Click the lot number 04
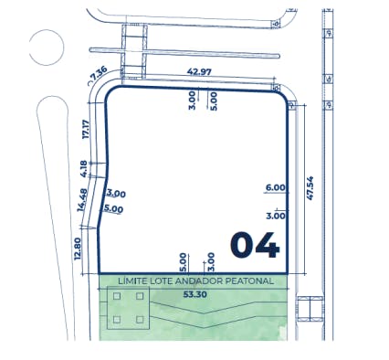click(x=255, y=245)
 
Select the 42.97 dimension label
click(x=199, y=72)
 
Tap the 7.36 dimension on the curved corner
click(x=99, y=73)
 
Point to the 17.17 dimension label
click(x=86, y=130)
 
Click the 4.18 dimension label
click(x=83, y=169)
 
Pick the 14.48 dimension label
click(x=82, y=200)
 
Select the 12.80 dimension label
click(x=78, y=249)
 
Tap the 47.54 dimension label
click(x=310, y=188)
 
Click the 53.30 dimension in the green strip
click(x=195, y=294)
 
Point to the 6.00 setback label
click(x=276, y=187)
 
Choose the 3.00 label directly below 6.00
click(x=276, y=216)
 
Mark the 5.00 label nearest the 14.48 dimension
click(x=113, y=208)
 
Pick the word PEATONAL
click(x=250, y=281)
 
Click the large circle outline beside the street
click(x=47, y=30)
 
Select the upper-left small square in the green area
click(x=117, y=296)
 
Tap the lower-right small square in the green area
click(x=140, y=320)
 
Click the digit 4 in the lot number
click(x=268, y=246)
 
